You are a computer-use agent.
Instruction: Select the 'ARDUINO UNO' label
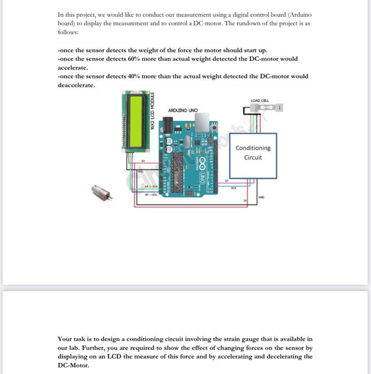pos(182,111)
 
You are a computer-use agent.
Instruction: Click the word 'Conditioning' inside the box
pos(253,148)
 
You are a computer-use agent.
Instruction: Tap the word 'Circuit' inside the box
pos(253,158)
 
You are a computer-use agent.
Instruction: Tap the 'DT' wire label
pos(227,182)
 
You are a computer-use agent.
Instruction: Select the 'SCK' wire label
pos(234,188)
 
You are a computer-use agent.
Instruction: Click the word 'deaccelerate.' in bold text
pos(75,85)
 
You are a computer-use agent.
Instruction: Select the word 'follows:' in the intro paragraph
pos(67,32)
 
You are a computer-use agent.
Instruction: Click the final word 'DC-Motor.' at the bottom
pos(72,365)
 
